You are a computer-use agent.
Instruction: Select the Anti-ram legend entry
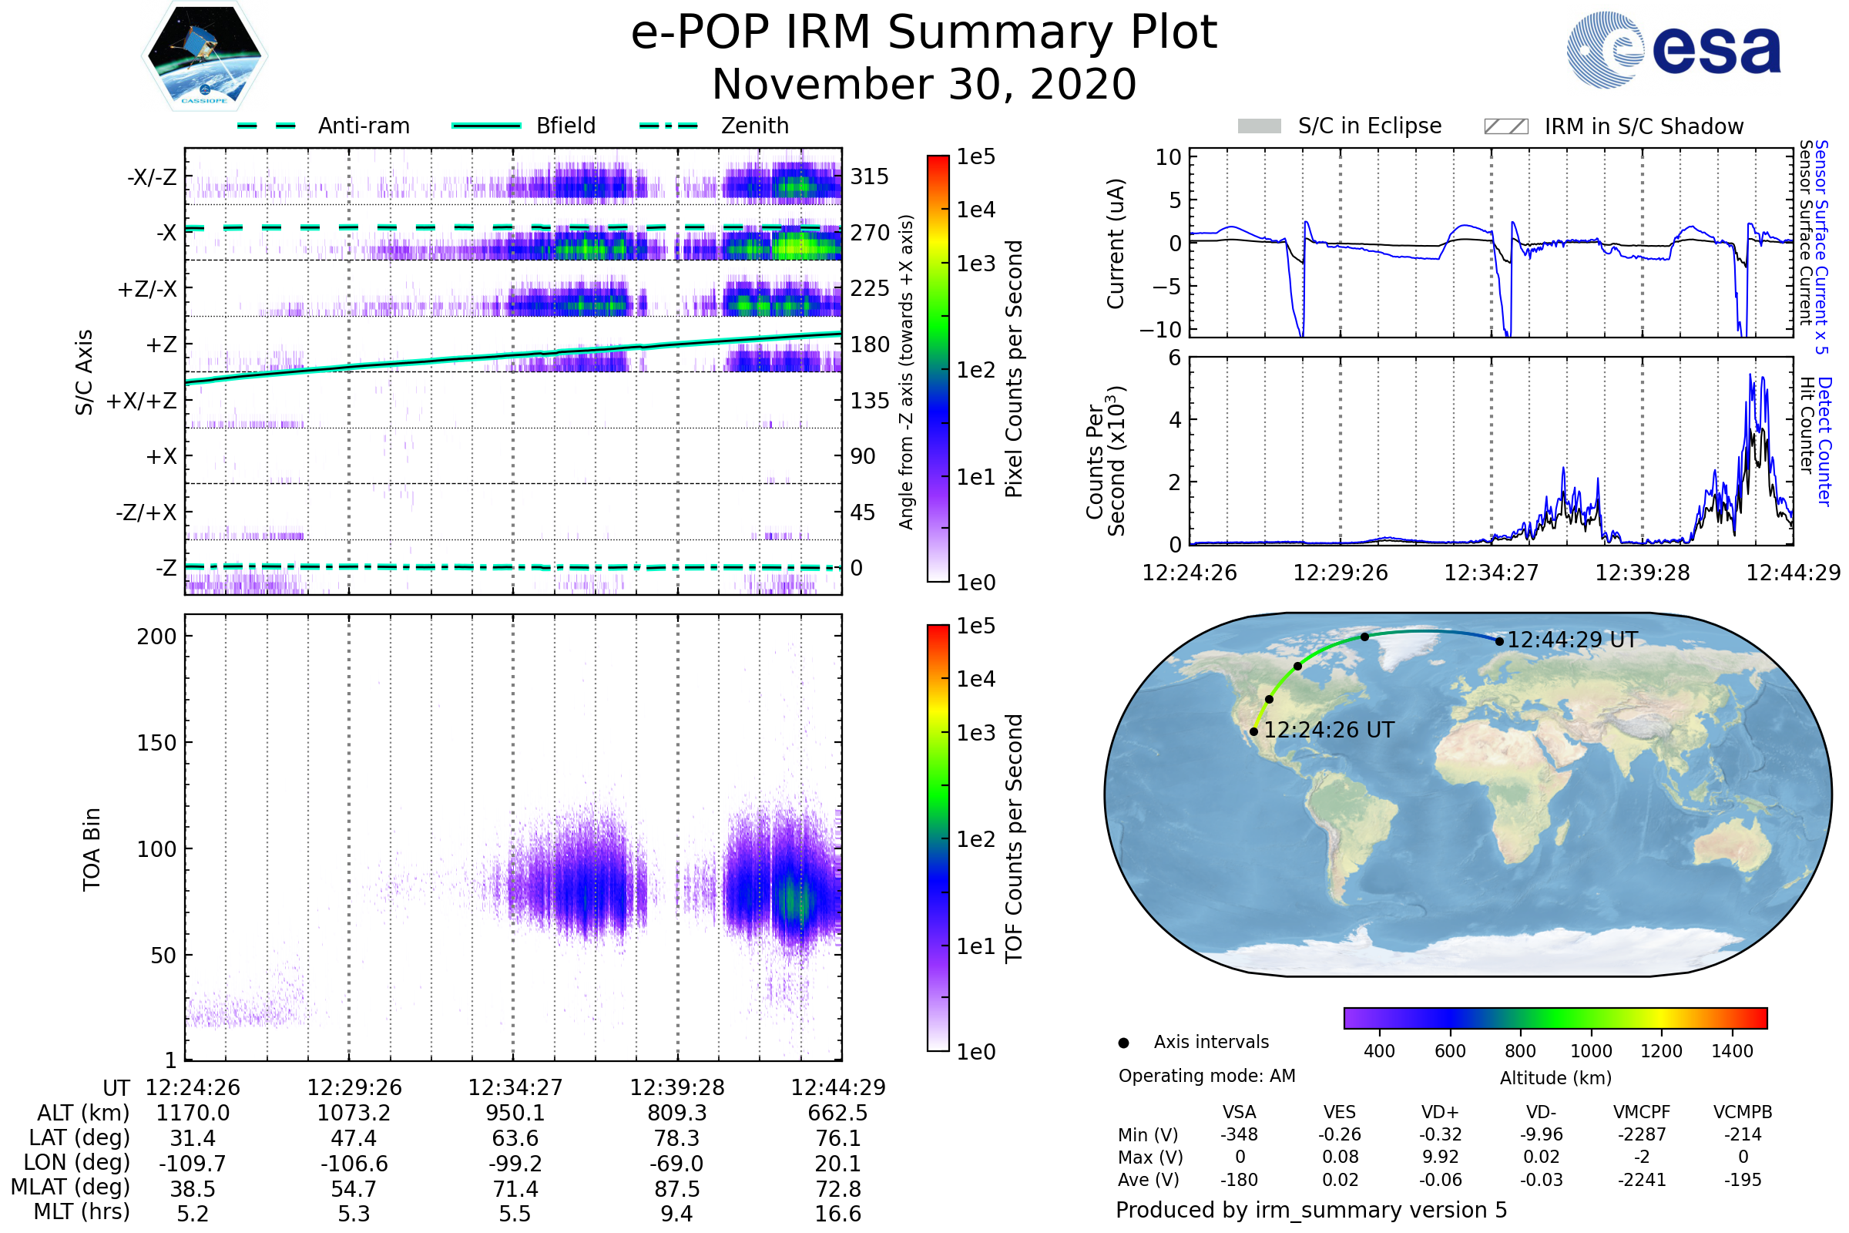click(x=363, y=126)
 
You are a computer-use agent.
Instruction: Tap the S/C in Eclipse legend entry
click(x=1369, y=126)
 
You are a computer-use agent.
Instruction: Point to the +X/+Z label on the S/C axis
click(x=142, y=401)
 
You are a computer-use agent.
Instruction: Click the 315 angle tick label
click(x=870, y=176)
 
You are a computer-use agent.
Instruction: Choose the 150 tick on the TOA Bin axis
click(x=156, y=743)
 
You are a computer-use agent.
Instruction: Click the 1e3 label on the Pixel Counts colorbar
click(x=975, y=264)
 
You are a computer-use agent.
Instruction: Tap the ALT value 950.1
click(x=515, y=1114)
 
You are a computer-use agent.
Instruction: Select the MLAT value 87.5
click(x=677, y=1189)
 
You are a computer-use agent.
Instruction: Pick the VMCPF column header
click(x=1642, y=1113)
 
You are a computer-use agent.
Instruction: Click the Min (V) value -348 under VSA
click(x=1239, y=1134)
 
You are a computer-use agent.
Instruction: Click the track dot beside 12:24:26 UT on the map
click(x=1254, y=731)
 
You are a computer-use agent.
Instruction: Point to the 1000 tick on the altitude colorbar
click(x=1591, y=1051)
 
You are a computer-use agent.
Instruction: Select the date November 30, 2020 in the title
click(x=924, y=85)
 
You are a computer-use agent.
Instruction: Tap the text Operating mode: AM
click(x=1206, y=1076)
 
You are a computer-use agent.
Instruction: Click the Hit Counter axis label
click(x=1807, y=425)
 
